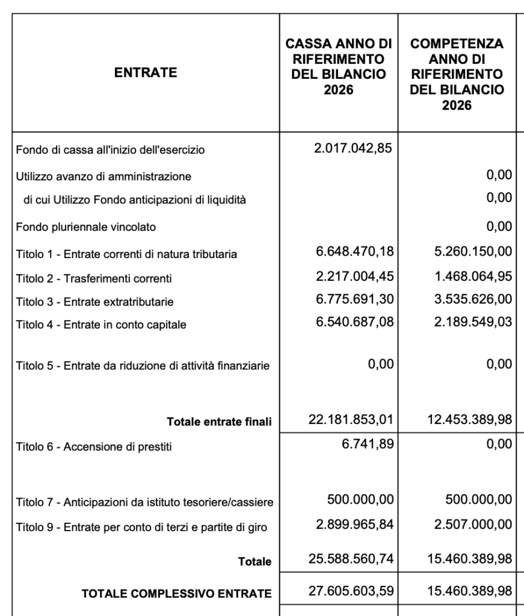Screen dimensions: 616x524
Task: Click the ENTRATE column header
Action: pos(147,73)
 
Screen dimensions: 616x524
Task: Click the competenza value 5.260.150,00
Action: pos(472,253)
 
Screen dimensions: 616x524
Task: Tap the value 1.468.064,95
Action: pos(472,277)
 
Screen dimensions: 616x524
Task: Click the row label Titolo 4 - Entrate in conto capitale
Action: pos(101,325)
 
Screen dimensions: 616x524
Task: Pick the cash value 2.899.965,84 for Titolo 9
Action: pos(355,525)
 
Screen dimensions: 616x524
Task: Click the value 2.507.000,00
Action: pos(472,525)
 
